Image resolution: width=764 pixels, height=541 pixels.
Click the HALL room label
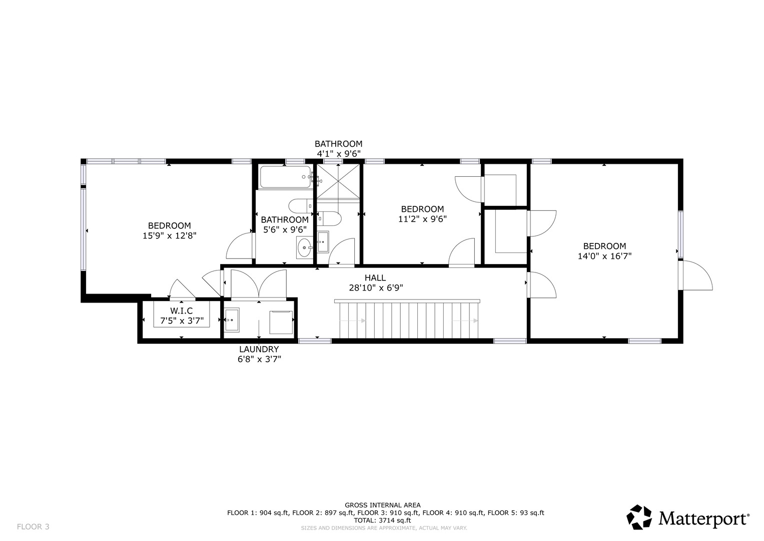tap(375, 278)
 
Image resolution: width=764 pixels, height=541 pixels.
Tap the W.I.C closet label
tap(182, 311)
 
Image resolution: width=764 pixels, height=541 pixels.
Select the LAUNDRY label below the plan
tap(259, 349)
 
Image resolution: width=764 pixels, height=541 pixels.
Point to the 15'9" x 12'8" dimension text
tap(170, 235)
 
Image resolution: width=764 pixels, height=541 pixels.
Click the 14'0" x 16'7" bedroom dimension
tap(605, 256)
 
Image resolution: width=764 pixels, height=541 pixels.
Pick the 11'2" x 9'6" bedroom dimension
tap(423, 219)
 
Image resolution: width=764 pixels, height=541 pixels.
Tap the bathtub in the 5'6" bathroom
tap(286, 177)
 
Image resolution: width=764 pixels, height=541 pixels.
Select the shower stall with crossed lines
tap(338, 181)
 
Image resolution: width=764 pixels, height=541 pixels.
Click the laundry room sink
tap(232, 320)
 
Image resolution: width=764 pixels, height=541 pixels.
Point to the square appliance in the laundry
tap(281, 322)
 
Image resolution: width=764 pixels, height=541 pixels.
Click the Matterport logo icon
tap(639, 517)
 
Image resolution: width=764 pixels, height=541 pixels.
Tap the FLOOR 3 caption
tap(33, 526)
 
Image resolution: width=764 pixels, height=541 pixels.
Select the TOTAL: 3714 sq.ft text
tap(382, 520)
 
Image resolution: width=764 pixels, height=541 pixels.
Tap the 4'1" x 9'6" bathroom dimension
tap(339, 154)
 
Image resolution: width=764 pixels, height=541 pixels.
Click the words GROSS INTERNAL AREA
tap(383, 505)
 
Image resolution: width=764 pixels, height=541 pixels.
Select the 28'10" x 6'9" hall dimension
tap(376, 288)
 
